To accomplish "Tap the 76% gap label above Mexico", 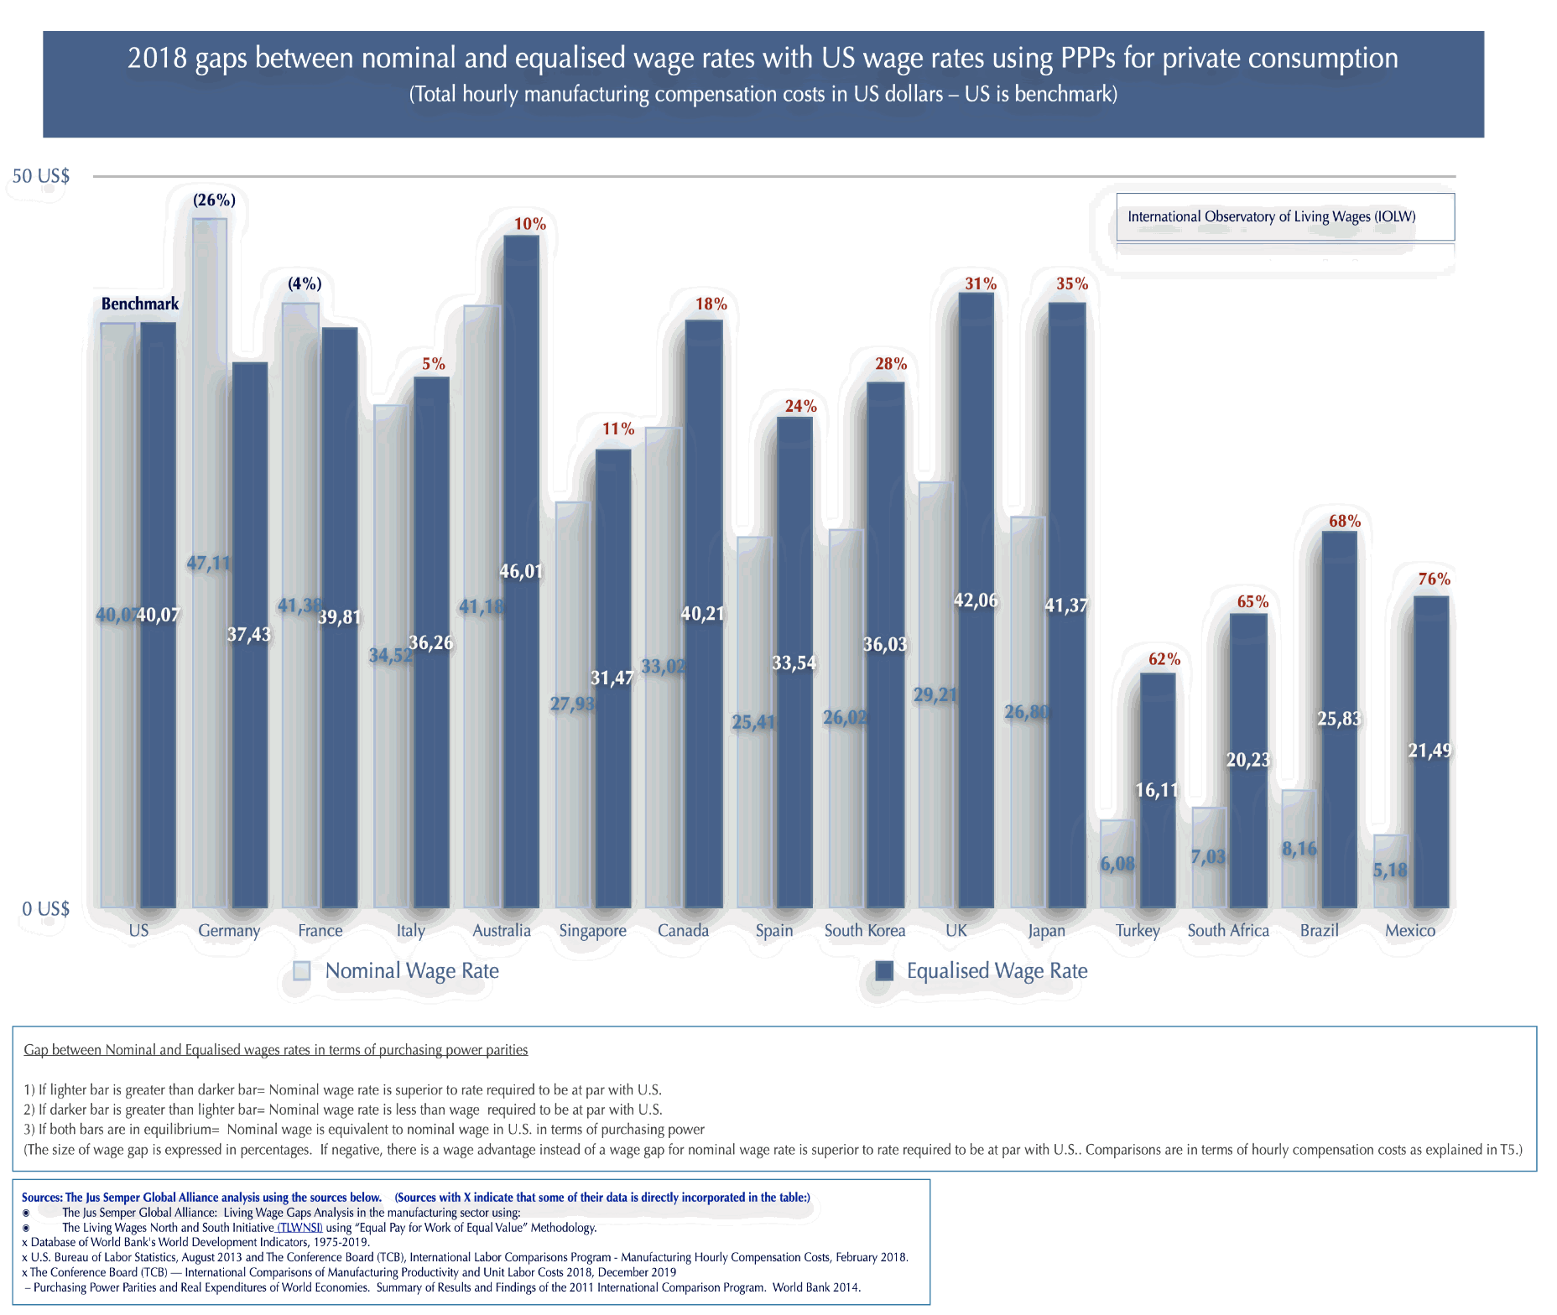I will click(x=1434, y=580).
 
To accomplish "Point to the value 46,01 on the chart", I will click(x=521, y=572).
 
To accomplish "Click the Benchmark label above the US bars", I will click(x=140, y=304).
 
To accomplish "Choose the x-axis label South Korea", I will click(x=864, y=931).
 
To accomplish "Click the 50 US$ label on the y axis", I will click(x=41, y=176).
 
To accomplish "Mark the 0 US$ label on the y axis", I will click(x=46, y=909).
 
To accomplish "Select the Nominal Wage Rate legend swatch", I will click(x=302, y=971).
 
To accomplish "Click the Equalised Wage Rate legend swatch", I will click(x=884, y=971).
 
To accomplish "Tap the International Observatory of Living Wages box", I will click(x=1284, y=217).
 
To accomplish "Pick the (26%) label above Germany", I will click(x=214, y=200).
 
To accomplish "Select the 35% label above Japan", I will click(x=1071, y=284).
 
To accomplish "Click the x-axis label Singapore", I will click(x=592, y=931).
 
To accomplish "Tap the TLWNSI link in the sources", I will click(x=299, y=1228).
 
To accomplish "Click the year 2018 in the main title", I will click(x=158, y=59).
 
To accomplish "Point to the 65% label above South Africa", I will click(x=1252, y=602).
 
